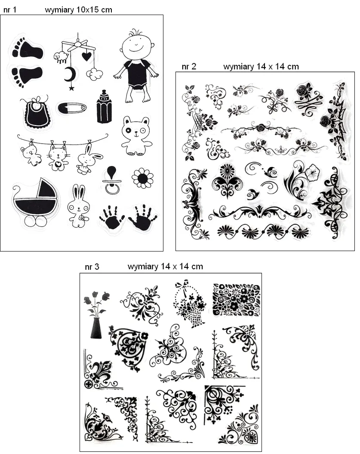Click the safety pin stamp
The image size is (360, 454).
click(x=72, y=108)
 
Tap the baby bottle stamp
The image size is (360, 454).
click(x=104, y=107)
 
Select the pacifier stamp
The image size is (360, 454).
click(x=112, y=181)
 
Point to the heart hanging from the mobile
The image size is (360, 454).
click(x=86, y=56)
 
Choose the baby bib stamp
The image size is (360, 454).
click(x=36, y=112)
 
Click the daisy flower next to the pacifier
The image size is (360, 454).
click(x=142, y=178)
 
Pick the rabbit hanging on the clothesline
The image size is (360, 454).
click(x=88, y=160)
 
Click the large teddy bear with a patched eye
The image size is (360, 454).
click(x=136, y=136)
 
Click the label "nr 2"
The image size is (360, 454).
click(x=189, y=67)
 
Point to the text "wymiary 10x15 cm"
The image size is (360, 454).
click(x=78, y=10)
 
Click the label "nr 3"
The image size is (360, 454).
click(x=92, y=267)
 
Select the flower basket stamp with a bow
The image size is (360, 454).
click(x=190, y=304)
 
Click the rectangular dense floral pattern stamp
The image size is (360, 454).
click(x=236, y=300)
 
